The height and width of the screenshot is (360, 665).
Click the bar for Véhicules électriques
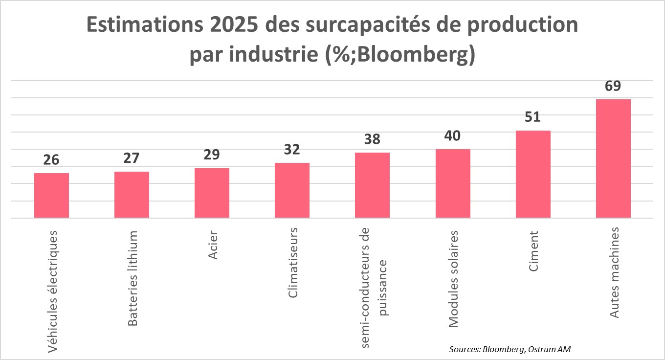(x=51, y=196)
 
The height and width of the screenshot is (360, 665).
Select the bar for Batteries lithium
(x=132, y=195)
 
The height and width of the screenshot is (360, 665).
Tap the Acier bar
(x=212, y=193)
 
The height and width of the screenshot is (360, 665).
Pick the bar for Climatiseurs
(x=292, y=190)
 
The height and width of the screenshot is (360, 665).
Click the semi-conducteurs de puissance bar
(x=372, y=185)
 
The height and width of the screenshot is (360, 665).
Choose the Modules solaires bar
(x=452, y=183)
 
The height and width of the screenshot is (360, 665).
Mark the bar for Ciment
(x=532, y=174)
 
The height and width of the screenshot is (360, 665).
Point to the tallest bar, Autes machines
(x=613, y=158)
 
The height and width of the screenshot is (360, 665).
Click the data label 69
(x=613, y=86)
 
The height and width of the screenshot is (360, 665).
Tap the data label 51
(x=532, y=117)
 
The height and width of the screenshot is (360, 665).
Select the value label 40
(x=452, y=136)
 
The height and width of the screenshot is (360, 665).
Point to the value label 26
(x=51, y=160)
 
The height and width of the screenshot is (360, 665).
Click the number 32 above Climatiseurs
(x=292, y=150)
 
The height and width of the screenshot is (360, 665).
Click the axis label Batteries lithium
(x=133, y=278)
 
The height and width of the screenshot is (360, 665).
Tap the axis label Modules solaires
(x=453, y=278)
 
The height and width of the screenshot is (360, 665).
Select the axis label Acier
(x=213, y=245)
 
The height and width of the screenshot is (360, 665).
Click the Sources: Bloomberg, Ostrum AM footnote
(x=510, y=349)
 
